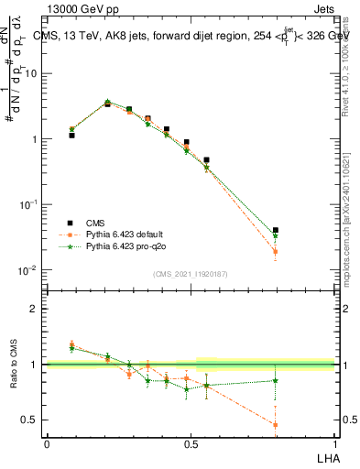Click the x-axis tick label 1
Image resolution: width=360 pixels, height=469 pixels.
(334, 443)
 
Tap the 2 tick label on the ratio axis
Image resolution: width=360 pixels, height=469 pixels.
(34, 309)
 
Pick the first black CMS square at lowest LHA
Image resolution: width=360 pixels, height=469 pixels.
(71, 135)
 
